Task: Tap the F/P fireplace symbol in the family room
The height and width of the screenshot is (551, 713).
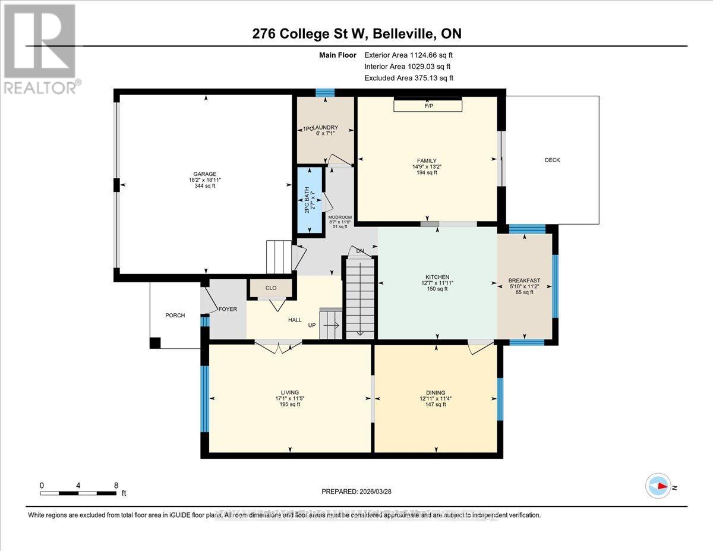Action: coord(428,105)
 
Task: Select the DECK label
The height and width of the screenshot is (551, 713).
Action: coord(552,160)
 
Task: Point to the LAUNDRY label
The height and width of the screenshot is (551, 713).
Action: coord(327,127)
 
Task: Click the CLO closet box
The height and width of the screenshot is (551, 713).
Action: coord(271,288)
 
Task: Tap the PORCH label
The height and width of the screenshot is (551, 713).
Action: coord(175,315)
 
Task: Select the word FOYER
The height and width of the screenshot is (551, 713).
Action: coord(228,309)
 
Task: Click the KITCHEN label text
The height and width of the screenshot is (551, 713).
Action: coord(437,276)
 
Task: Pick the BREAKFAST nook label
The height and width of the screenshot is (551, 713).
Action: coord(524,281)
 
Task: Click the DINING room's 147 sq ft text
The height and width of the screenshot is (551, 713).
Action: coord(437,405)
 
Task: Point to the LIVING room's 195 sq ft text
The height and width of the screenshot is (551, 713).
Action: coord(291,404)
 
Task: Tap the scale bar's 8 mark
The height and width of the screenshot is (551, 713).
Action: coord(115,485)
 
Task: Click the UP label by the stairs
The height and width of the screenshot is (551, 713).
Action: coord(311,326)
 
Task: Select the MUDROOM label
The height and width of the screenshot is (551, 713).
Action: coord(340,217)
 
